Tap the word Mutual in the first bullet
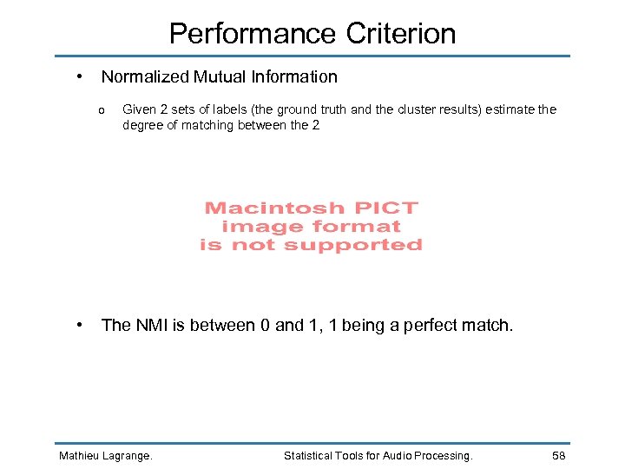point(220,76)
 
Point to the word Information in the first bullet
point(296,76)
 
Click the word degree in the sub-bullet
point(143,125)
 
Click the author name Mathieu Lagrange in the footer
point(105,456)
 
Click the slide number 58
point(559,456)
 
